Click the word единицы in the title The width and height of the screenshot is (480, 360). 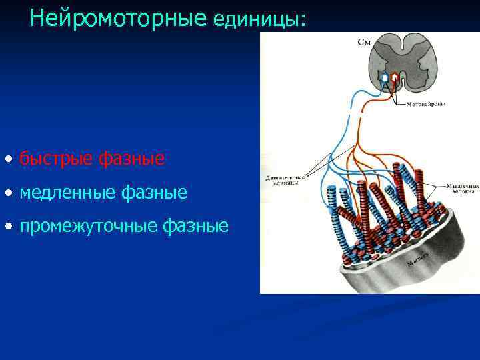256,20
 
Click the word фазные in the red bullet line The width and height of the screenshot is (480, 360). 131,159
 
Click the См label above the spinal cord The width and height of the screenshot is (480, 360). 365,42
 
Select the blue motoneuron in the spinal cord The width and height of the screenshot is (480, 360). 385,78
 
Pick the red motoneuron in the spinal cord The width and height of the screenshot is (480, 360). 395,78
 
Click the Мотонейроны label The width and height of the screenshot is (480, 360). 426,104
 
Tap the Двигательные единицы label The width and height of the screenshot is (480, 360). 285,181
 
